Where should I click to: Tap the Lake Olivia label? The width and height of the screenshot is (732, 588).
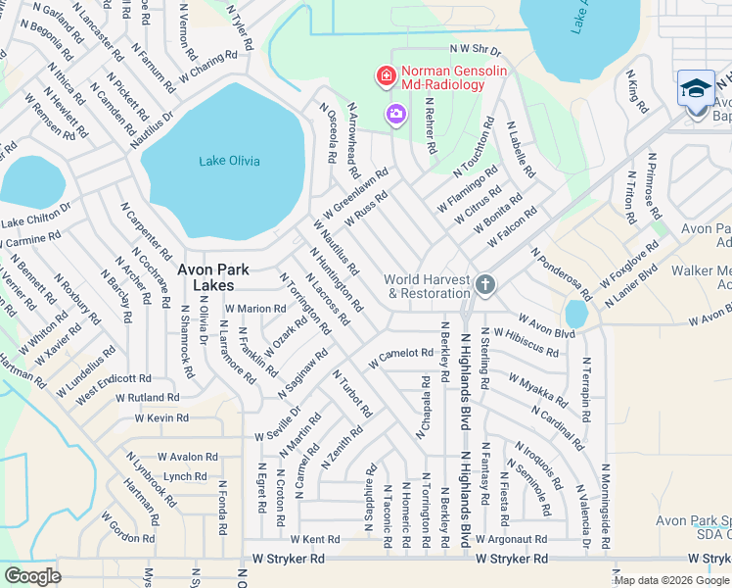point(229,161)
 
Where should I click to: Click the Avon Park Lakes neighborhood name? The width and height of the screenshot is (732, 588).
point(212,276)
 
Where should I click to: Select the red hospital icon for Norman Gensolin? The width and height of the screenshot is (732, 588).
point(386,75)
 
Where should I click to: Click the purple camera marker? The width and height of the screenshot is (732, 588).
point(395,115)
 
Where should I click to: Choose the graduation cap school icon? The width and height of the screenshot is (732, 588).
point(696,88)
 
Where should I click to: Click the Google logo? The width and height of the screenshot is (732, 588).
point(32,576)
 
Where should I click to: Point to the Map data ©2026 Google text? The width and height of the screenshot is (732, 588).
point(670,580)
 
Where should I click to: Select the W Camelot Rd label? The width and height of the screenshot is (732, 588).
point(400,358)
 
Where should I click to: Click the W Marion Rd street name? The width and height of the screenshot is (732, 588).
point(254,308)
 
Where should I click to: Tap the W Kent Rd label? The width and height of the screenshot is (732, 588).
point(315,539)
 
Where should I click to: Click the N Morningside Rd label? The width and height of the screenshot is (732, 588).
point(607,499)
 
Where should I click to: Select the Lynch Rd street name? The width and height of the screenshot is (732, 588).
point(185,476)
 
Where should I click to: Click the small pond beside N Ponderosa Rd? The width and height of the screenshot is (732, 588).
point(576,314)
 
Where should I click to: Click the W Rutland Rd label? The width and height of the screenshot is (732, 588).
point(147,398)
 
